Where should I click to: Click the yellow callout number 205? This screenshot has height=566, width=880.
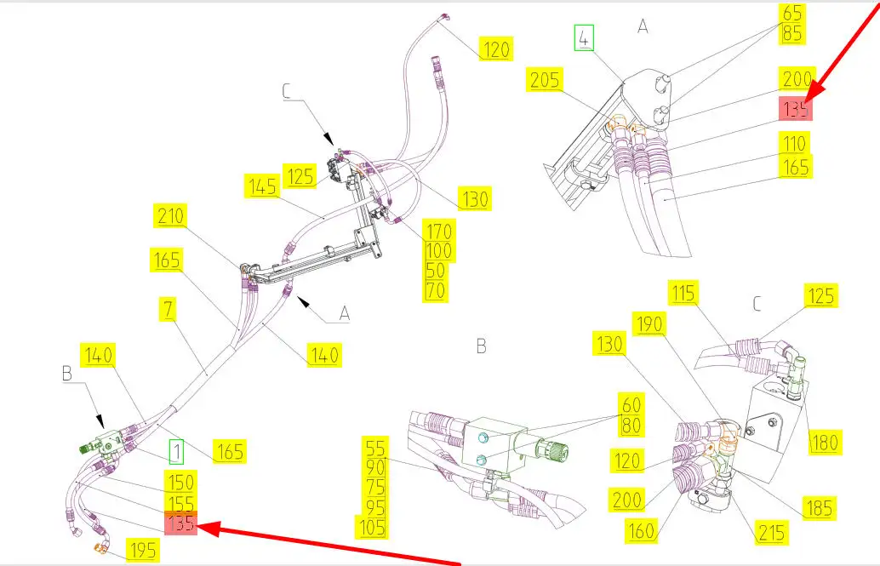545,80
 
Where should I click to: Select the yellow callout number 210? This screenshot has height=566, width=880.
170,215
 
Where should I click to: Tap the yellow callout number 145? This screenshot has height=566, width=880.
263,186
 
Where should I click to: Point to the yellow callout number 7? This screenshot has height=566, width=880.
169,310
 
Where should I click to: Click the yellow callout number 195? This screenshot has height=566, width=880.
142,551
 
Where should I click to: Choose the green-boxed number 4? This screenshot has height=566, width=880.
584,38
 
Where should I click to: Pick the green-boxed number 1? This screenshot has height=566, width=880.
176,452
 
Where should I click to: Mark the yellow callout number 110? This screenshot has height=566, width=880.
795,143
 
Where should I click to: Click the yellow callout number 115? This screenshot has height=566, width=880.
683,293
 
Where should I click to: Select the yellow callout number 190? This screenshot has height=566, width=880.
649,324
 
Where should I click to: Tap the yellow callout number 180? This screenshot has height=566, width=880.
824,442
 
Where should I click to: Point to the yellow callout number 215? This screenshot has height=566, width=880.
771,532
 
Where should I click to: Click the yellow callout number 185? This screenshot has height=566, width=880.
820,507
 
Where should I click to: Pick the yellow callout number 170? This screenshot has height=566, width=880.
439,230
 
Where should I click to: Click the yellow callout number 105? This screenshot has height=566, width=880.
373,527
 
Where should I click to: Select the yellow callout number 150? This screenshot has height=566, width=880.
180,482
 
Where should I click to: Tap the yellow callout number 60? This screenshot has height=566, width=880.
631,404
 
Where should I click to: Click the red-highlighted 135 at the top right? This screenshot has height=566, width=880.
795,108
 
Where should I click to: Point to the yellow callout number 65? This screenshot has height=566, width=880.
791,13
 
